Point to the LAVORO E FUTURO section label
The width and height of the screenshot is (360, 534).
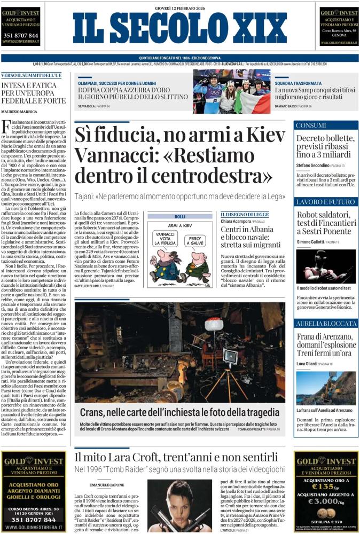pyautogui.click(x=325, y=202)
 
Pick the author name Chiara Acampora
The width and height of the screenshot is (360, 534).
pyautogui.click(x=235, y=221)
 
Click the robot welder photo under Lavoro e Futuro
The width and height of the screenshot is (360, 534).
pyautogui.click(x=325, y=266)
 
